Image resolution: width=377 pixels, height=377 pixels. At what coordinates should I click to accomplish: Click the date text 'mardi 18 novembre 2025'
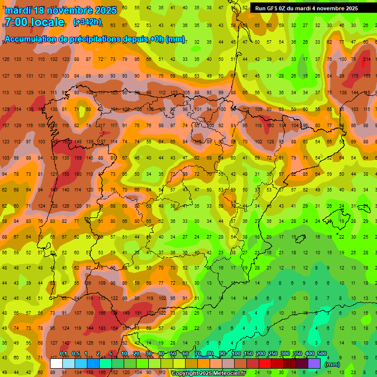(x=61, y=10)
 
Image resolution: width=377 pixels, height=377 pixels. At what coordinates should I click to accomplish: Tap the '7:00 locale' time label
(x=34, y=22)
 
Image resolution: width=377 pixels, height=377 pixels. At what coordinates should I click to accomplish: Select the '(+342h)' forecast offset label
(x=87, y=22)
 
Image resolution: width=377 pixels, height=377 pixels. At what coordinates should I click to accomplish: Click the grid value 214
(x=367, y=59)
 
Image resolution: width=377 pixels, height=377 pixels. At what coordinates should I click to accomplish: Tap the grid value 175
(x=355, y=76)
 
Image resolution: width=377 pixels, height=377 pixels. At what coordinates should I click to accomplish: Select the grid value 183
(x=102, y=328)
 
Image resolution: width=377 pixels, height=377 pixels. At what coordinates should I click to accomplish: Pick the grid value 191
(x=138, y=313)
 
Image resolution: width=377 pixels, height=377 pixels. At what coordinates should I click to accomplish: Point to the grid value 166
(x=102, y=313)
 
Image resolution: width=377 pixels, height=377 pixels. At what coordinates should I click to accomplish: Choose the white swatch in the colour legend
(x=56, y=364)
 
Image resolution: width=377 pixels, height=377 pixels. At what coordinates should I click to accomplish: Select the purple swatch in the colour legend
(x=314, y=364)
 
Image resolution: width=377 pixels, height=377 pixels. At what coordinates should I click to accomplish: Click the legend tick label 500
(x=322, y=354)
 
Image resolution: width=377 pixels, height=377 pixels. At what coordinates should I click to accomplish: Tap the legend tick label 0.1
(x=63, y=354)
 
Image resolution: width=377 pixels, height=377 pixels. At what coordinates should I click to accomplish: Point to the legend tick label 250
(x=272, y=354)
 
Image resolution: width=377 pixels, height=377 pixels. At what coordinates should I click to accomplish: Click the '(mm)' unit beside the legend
(x=332, y=364)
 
